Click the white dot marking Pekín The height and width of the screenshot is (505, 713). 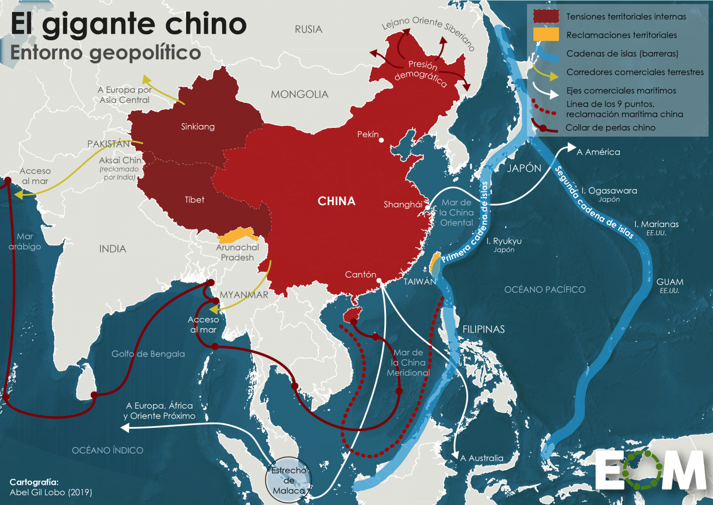[381, 140]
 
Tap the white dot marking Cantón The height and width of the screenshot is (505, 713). [380, 282]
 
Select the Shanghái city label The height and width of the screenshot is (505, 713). [403, 205]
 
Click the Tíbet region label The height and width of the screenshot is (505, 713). [194, 200]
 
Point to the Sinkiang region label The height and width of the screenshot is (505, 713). [198, 127]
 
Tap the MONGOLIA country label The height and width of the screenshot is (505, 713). [299, 95]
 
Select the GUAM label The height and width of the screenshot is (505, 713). [669, 282]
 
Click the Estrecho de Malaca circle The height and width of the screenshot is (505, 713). [289, 479]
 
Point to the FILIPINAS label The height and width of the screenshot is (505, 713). [483, 329]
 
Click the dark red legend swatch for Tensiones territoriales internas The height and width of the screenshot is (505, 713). [546, 16]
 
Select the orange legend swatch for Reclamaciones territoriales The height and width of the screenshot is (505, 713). [546, 35]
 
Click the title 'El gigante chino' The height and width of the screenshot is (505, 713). [128, 24]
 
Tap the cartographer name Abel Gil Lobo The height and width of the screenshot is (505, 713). [51, 492]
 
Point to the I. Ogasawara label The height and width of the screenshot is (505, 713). [608, 191]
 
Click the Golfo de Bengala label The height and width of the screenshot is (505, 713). [148, 354]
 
